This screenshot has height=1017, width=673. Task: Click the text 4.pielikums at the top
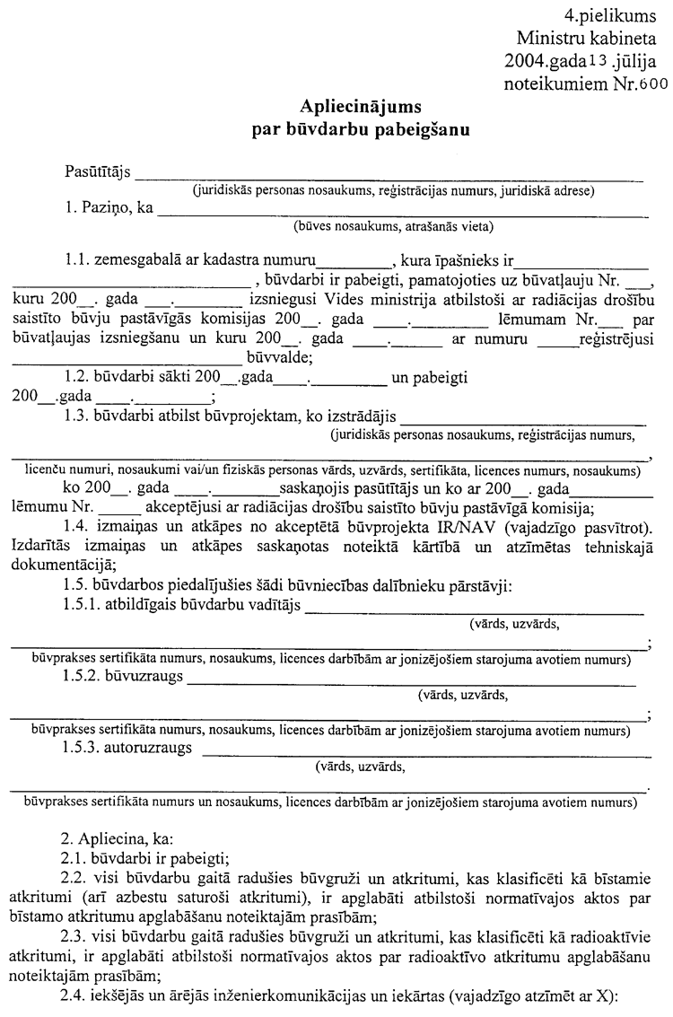point(610,15)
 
